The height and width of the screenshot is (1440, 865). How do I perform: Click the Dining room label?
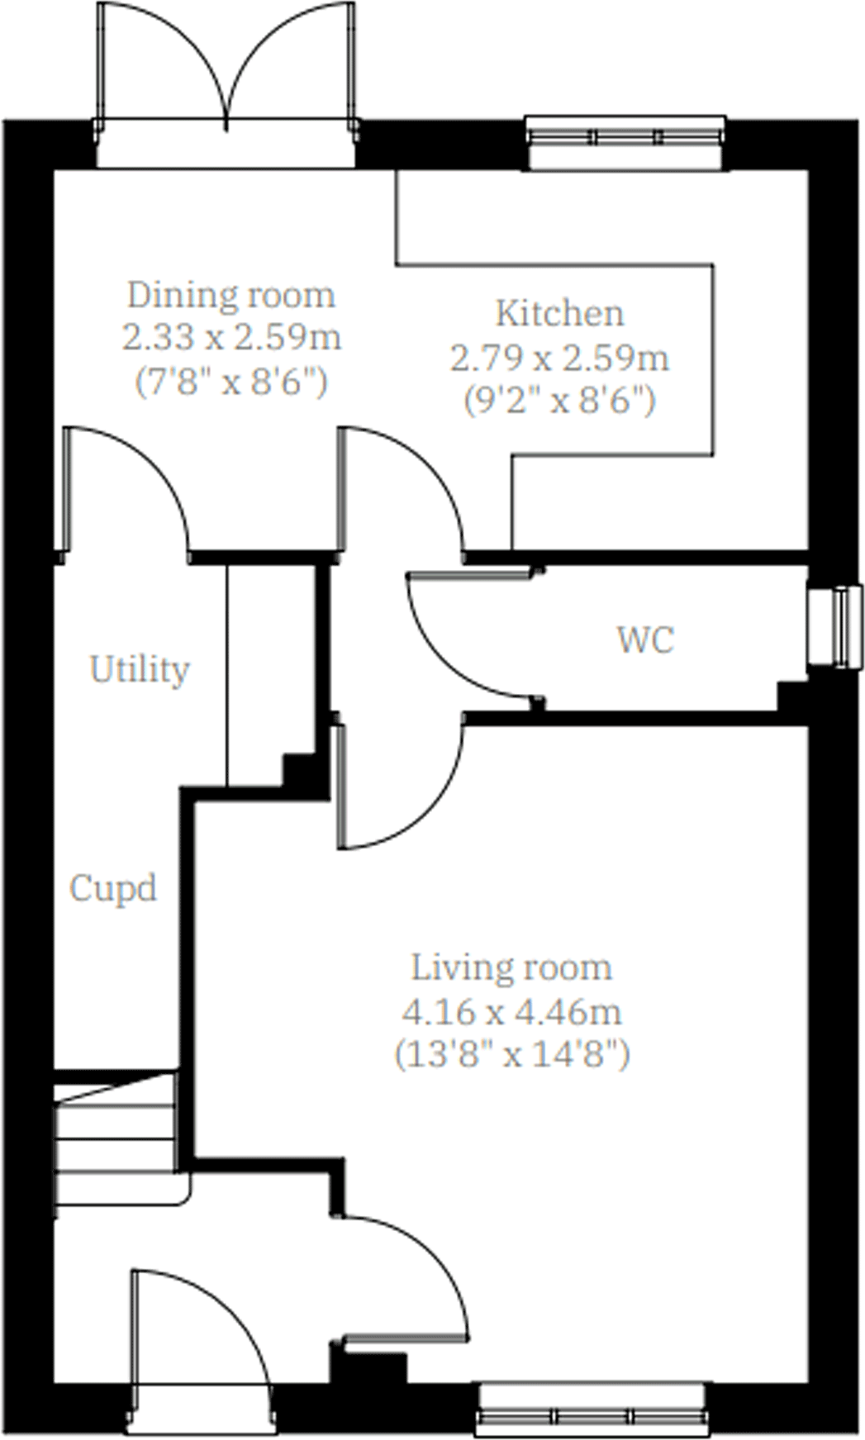pyautogui.click(x=231, y=295)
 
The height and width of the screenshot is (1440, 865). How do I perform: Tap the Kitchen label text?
pyautogui.click(x=559, y=314)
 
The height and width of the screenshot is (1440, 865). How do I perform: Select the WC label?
pyautogui.click(x=645, y=639)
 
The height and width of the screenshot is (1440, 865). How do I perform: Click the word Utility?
pyautogui.click(x=140, y=669)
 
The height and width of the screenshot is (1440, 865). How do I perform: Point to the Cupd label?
pyautogui.click(x=113, y=889)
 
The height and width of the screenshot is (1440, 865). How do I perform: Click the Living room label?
pyautogui.click(x=511, y=967)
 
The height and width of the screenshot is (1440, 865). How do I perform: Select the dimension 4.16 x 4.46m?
pyautogui.click(x=511, y=1011)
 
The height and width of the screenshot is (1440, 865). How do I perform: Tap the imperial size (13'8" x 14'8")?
pyautogui.click(x=511, y=1054)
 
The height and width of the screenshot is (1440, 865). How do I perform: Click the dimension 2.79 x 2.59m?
pyautogui.click(x=559, y=358)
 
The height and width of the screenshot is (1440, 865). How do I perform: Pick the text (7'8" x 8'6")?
pyautogui.click(x=231, y=382)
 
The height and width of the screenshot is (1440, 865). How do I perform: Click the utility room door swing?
pyautogui.click(x=124, y=487)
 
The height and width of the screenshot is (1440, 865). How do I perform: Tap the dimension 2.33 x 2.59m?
pyautogui.click(x=231, y=338)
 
